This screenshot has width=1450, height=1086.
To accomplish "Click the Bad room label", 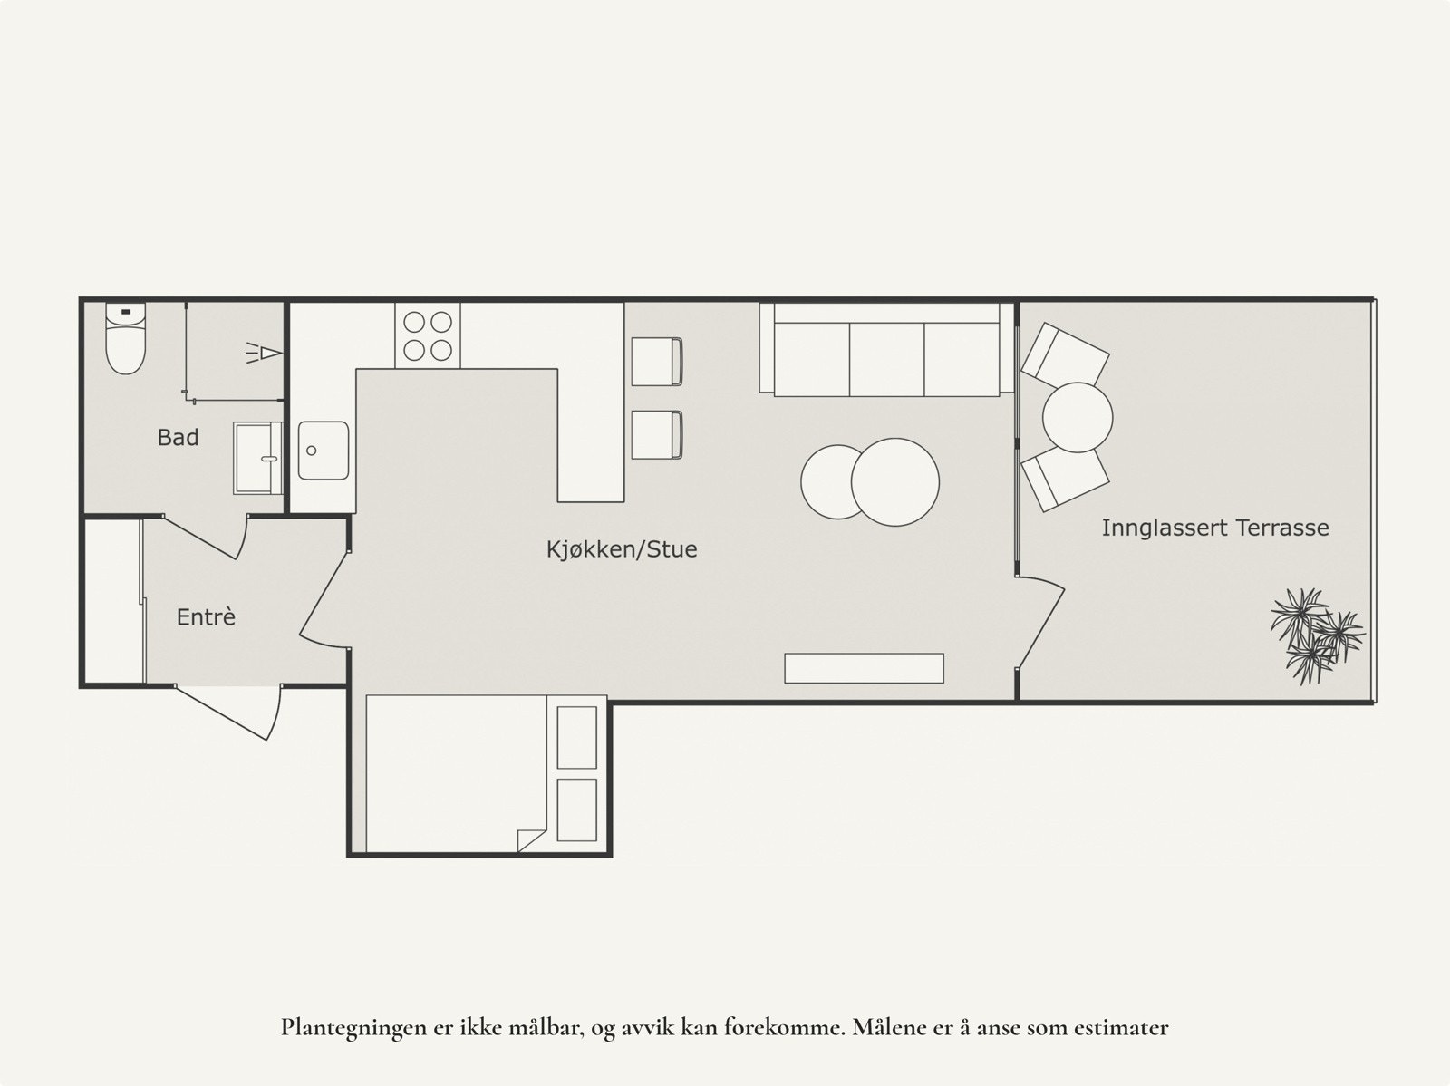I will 178,438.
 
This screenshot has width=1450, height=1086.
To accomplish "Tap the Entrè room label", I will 206,617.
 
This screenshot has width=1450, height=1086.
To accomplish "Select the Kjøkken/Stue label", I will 622,549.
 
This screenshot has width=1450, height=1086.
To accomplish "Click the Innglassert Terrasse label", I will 1214,528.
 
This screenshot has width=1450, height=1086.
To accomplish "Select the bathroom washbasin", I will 257,458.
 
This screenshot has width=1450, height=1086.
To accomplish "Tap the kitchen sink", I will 324,451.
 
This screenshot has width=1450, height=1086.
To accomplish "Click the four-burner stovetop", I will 428,335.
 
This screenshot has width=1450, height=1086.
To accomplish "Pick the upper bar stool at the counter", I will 656,362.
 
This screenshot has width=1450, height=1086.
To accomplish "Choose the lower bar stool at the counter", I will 656,435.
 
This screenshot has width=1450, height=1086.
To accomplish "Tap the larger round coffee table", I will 895,481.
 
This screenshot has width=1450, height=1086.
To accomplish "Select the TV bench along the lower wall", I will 864,668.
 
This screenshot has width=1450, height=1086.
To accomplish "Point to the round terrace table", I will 1077,418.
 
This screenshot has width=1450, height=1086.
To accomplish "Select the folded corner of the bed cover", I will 530,839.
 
